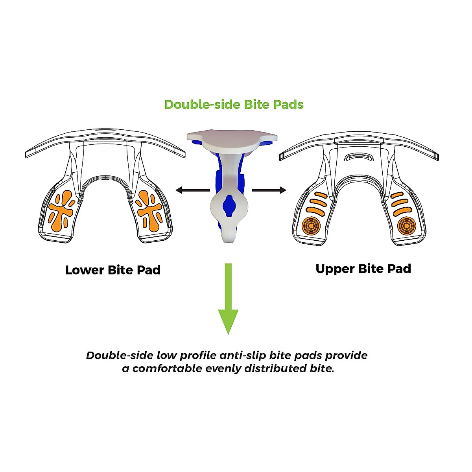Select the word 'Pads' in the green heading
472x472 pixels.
(289, 105)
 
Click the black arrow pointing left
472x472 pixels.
(192, 190)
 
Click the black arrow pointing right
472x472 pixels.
(269, 190)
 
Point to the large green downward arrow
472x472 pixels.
(228, 299)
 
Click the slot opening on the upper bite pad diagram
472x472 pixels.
(358, 157)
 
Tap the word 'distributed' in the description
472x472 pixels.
(274, 369)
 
